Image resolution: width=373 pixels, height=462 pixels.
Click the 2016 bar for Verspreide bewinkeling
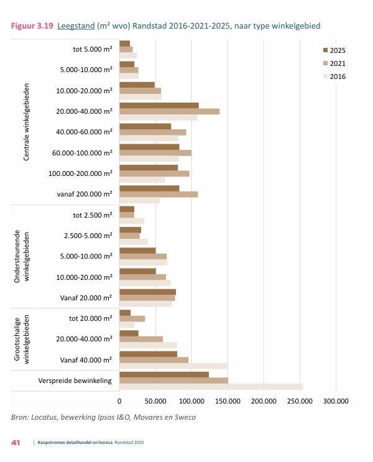click(211, 387)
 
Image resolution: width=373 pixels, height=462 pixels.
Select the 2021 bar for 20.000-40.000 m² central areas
click(169, 111)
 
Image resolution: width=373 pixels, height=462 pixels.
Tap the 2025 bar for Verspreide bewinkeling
click(164, 374)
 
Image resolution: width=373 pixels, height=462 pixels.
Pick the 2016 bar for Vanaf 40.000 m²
click(173, 366)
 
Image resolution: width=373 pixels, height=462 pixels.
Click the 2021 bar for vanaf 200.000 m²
click(159, 194)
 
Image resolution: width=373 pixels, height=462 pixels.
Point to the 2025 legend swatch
click(325, 50)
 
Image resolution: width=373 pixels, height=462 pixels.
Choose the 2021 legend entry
click(338, 63)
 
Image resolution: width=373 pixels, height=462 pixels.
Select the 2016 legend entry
click(338, 76)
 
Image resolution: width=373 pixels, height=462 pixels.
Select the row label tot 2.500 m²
click(93, 215)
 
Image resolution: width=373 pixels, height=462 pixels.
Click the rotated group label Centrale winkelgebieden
click(27, 122)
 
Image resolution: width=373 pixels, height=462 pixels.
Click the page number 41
click(16, 443)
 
